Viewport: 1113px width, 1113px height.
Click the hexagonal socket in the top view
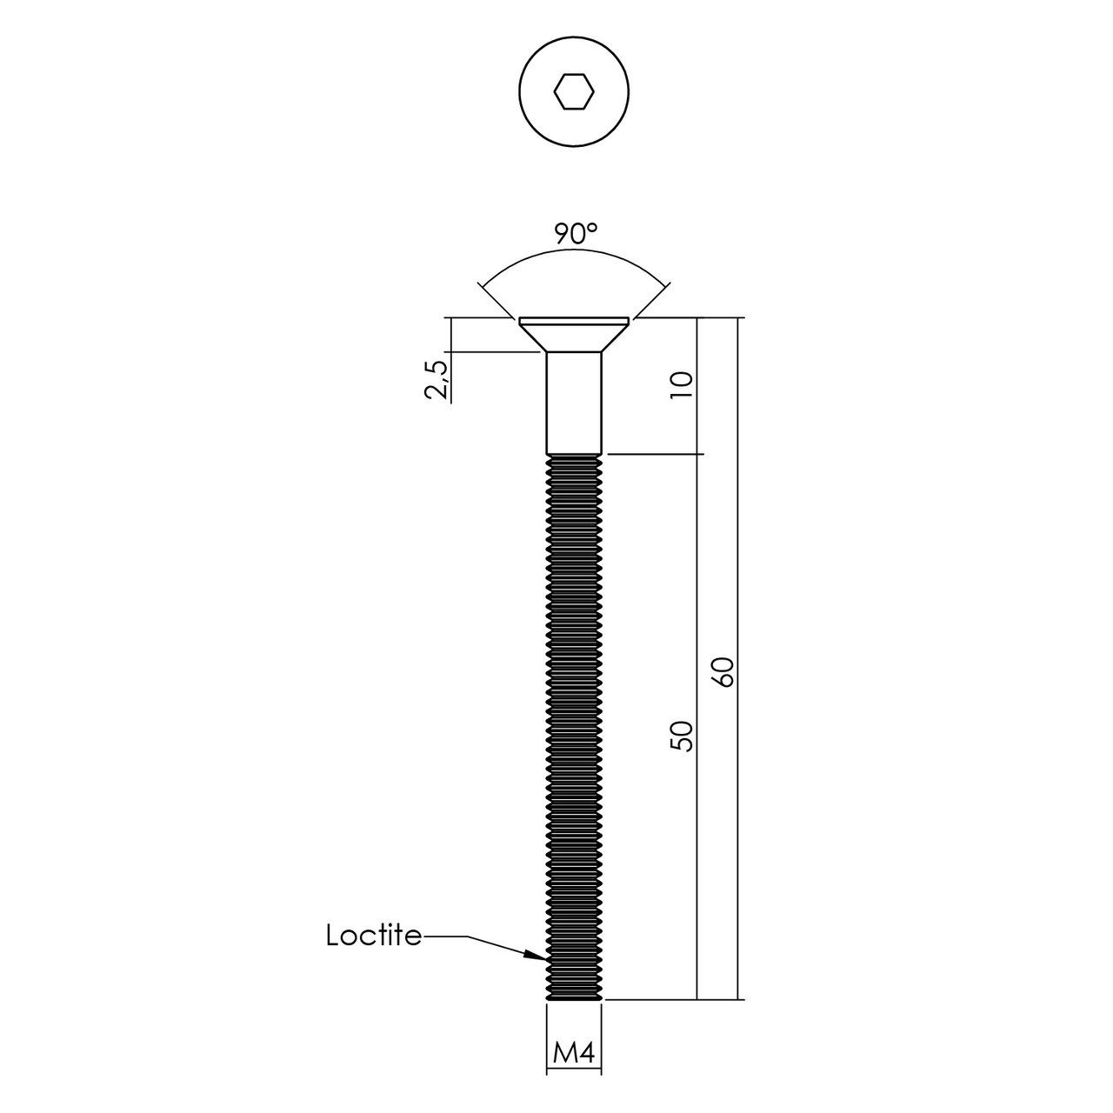[574, 91]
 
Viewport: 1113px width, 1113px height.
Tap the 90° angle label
[576, 234]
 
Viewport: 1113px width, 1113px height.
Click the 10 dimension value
[683, 383]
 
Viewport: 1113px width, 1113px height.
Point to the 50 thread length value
[683, 735]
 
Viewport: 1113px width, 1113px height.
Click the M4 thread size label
[574, 1053]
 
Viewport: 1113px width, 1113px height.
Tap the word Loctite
[374, 936]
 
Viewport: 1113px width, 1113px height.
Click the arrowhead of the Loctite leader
[537, 956]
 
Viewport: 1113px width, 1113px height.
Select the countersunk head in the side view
[574, 334]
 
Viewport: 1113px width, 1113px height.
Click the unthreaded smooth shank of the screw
[574, 403]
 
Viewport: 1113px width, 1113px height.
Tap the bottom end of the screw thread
[574, 998]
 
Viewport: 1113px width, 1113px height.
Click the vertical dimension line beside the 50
[697, 609]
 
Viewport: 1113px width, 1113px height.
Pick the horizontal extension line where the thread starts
[652, 454]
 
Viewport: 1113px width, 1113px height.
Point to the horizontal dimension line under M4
[574, 1070]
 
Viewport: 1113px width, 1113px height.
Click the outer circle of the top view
[519, 91]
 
